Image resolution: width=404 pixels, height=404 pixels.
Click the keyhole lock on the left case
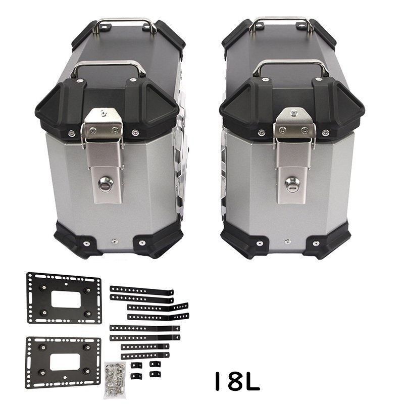point(106,184)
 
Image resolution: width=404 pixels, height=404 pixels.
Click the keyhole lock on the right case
point(292,184)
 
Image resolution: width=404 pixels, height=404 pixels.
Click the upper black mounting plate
point(64,298)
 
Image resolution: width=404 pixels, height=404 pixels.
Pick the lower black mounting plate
point(63,362)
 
